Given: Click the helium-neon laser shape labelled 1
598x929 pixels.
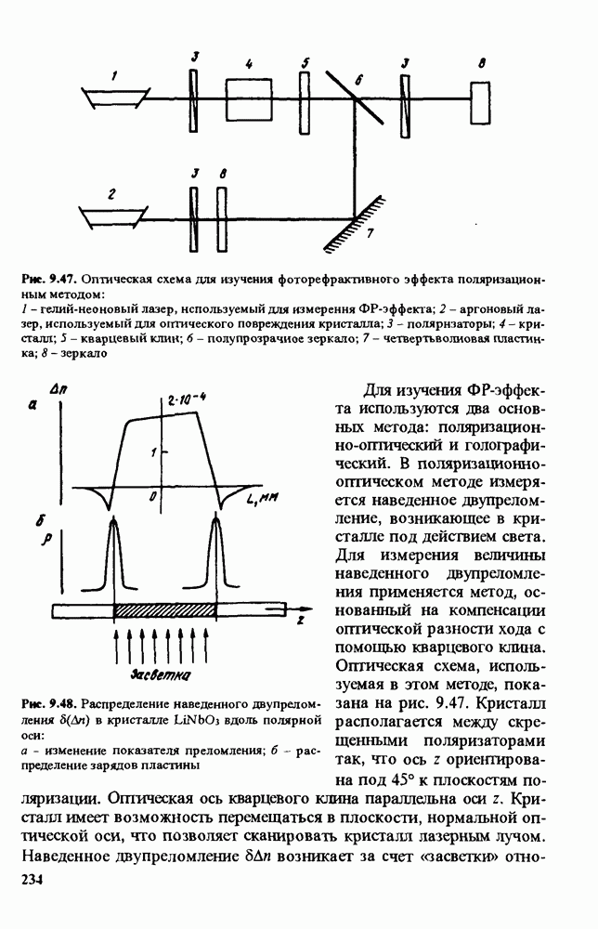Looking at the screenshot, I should pos(115,96).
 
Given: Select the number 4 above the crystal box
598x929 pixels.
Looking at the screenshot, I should pos(250,64).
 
